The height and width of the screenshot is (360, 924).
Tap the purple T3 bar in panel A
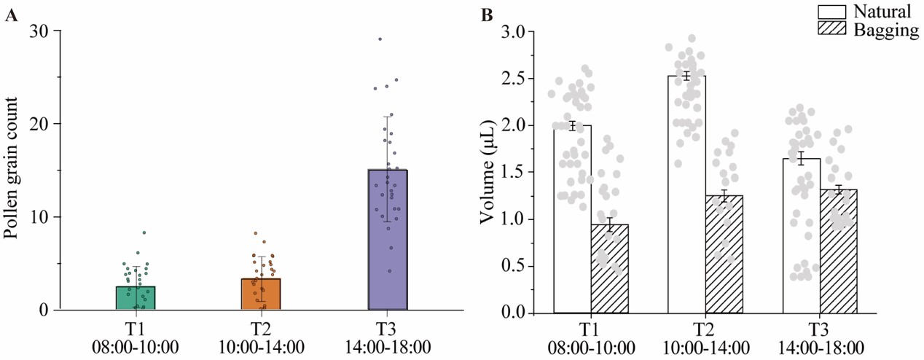point(387,240)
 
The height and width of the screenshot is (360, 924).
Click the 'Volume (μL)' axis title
point(488,172)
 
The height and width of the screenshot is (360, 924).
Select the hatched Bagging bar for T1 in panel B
point(609,269)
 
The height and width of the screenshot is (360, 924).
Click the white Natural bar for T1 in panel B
point(572,219)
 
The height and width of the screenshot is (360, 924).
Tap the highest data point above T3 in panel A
point(380,39)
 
